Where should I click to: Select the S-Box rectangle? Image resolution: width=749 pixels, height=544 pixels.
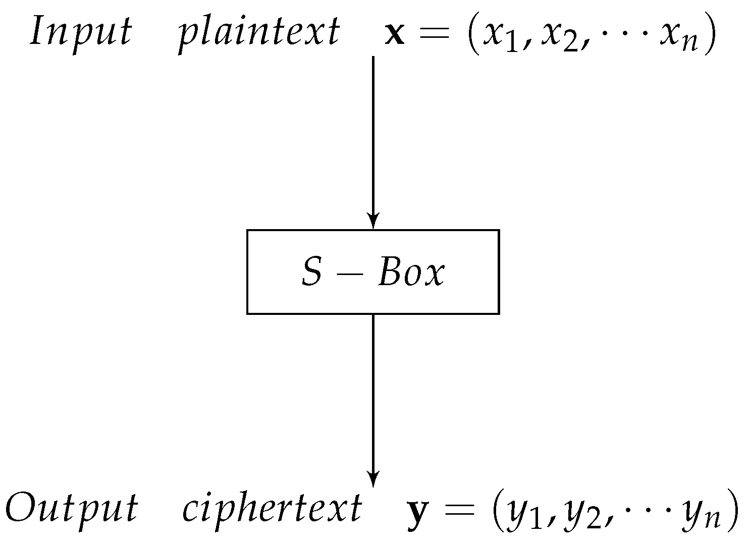[372, 271]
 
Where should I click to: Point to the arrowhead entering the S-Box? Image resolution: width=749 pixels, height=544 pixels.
[372, 221]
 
